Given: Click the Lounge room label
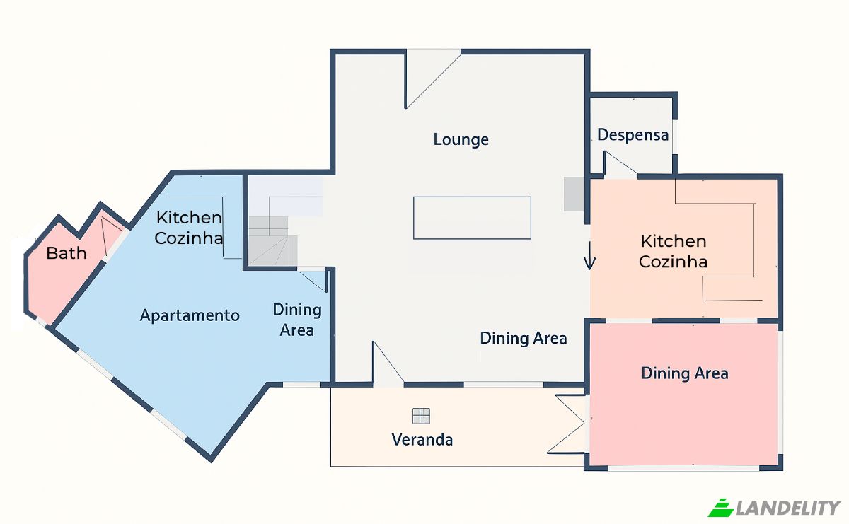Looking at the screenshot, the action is (x=461, y=139).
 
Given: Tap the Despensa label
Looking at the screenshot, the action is (x=633, y=135).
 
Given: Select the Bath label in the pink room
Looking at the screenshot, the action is (x=67, y=253).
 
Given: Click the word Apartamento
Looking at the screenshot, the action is (x=190, y=315).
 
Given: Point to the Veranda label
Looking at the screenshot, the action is (x=422, y=440).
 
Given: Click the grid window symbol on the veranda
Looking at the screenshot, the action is (x=421, y=416).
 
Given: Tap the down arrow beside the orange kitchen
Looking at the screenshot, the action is (x=589, y=256).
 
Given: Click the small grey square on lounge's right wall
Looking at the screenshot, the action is (x=574, y=194).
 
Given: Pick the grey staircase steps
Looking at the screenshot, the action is (x=273, y=241).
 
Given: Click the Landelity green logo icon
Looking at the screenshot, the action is (x=721, y=508).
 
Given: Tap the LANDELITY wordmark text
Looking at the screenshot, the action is (x=788, y=508).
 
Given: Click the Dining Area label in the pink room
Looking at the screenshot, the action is (x=685, y=373).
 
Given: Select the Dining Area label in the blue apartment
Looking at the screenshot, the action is (x=297, y=320).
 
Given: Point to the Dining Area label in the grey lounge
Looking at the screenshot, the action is (x=524, y=338).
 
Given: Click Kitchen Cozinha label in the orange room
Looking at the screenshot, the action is (x=673, y=251).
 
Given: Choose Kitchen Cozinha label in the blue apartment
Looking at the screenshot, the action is (x=189, y=228).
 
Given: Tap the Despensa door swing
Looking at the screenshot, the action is (x=620, y=163).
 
